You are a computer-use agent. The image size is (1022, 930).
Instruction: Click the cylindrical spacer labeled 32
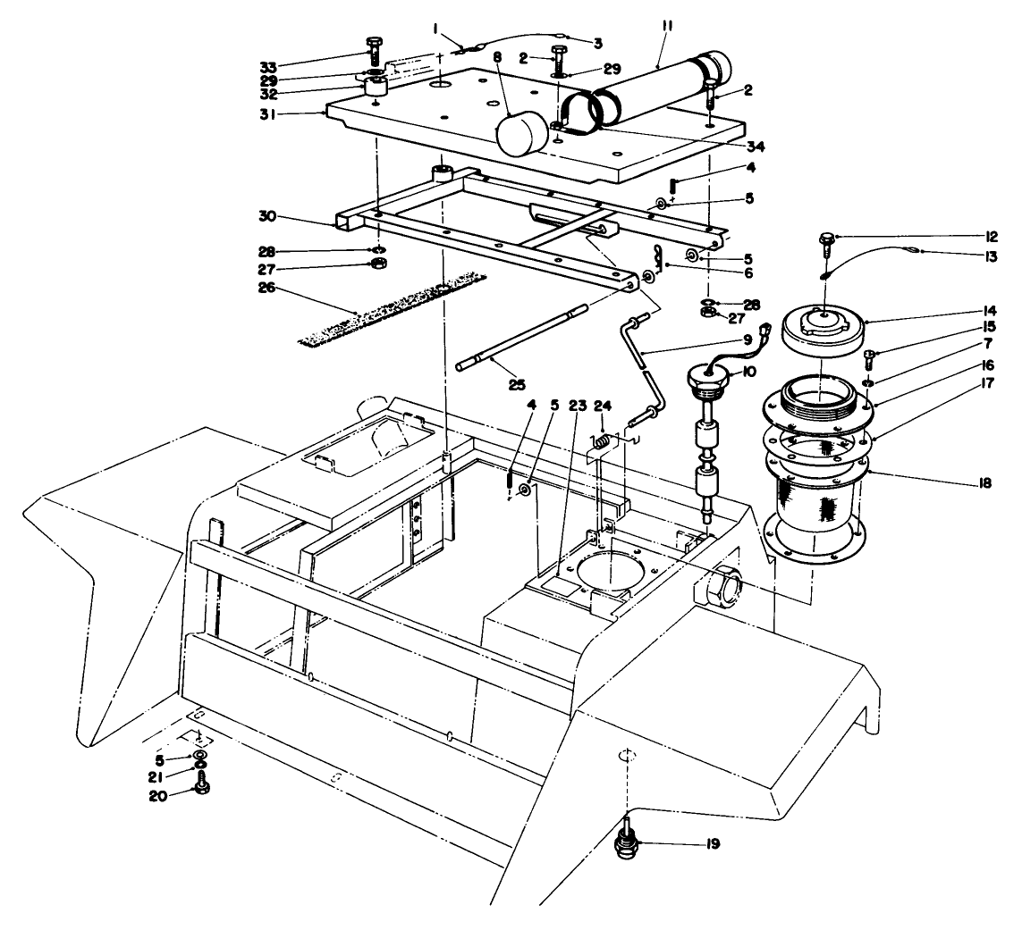(374, 88)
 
